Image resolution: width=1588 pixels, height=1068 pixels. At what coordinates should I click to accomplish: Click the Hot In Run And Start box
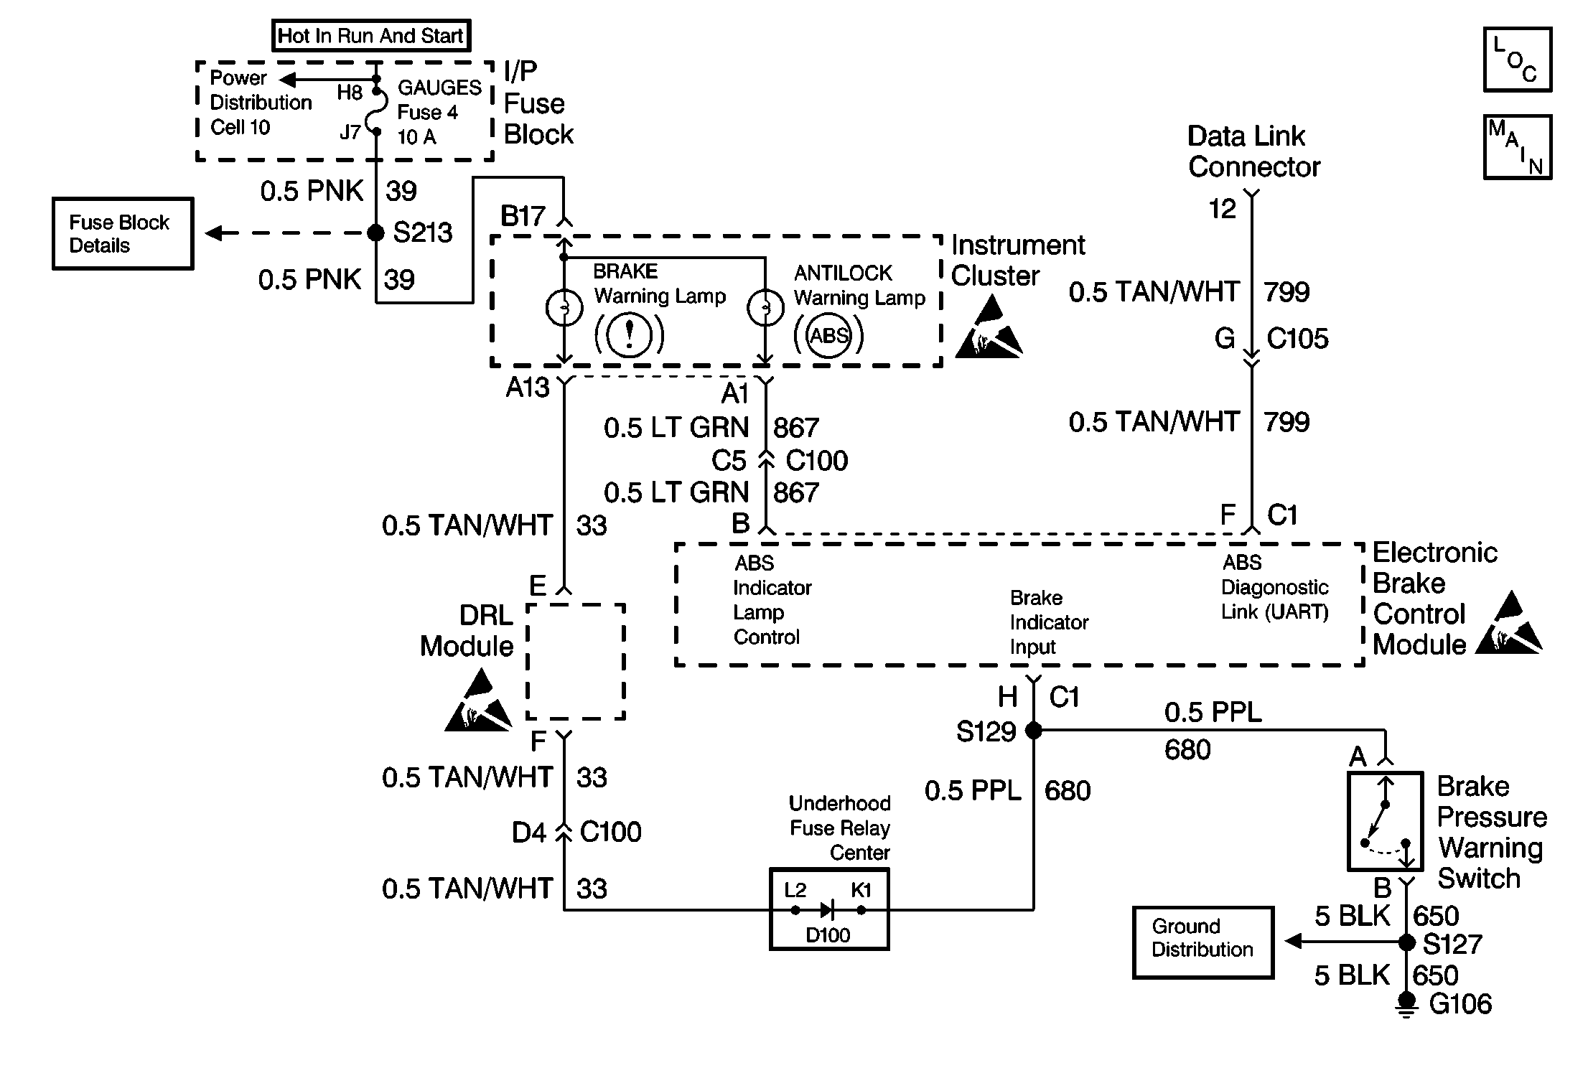371,36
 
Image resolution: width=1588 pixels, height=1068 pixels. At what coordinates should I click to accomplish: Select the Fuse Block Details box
123,234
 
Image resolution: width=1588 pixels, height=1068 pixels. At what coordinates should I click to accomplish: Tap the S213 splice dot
375,233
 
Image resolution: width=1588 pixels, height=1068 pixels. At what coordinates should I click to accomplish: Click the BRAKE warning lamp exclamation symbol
630,334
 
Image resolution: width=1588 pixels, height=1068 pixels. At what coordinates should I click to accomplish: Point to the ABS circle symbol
828,335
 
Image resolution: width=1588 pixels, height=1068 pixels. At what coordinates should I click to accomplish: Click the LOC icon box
1518,60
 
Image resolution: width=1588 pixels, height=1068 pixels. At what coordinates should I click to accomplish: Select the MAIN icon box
1518,146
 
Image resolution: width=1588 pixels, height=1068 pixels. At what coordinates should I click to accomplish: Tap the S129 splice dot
1033,731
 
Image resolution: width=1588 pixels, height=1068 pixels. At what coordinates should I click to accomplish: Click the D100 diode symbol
827,910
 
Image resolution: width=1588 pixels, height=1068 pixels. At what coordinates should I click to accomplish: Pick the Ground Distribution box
1203,942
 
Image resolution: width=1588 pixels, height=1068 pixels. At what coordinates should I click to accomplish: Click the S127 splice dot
1407,942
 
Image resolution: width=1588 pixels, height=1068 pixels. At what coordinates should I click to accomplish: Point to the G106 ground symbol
1407,1006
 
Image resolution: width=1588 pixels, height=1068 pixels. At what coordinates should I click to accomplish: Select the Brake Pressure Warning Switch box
1386,821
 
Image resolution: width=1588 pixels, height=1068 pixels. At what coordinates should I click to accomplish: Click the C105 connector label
1297,339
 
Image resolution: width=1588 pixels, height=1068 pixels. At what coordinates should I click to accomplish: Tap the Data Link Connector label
1254,151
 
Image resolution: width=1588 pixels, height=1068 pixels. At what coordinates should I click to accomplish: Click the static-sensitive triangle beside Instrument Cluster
989,327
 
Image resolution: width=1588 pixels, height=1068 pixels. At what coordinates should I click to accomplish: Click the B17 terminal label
523,216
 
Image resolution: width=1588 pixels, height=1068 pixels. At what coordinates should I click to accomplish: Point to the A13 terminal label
528,388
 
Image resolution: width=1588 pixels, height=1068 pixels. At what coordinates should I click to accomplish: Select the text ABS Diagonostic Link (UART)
1275,587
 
